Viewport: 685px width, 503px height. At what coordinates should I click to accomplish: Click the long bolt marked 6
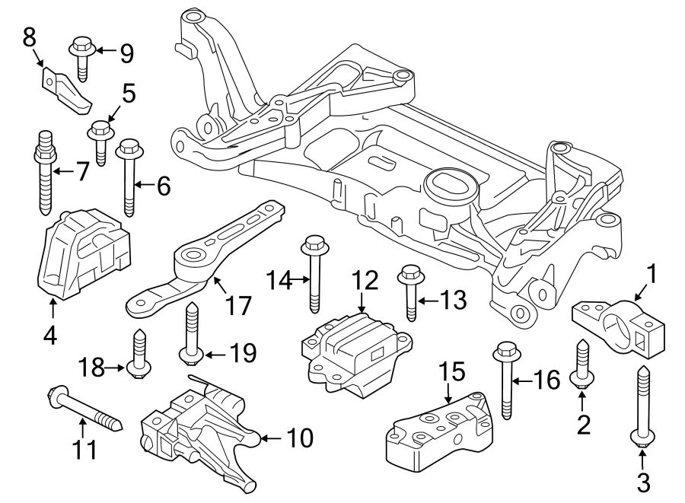click(x=128, y=178)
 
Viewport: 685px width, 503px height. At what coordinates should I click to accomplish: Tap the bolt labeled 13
click(x=411, y=292)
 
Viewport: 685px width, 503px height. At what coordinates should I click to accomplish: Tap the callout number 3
click(x=642, y=481)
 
